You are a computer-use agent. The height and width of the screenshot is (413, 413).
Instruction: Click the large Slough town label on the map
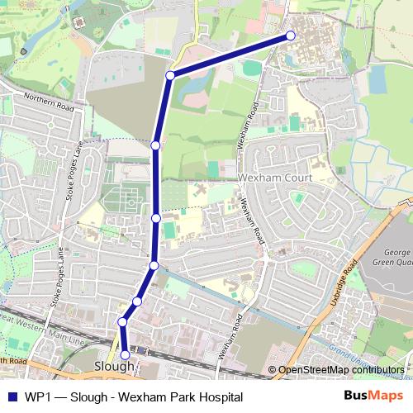click(114, 366)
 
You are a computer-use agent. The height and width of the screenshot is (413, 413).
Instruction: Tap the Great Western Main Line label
click(41, 330)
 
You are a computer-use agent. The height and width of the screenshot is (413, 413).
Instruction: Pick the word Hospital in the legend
click(218, 397)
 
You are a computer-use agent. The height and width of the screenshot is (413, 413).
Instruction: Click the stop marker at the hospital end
click(291, 36)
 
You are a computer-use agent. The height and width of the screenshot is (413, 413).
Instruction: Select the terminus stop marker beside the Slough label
click(126, 355)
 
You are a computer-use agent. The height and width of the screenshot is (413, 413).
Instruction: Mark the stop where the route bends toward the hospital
click(169, 75)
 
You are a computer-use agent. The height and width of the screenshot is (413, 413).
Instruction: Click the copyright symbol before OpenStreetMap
click(273, 370)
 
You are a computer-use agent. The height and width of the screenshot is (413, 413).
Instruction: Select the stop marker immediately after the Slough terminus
click(122, 321)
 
